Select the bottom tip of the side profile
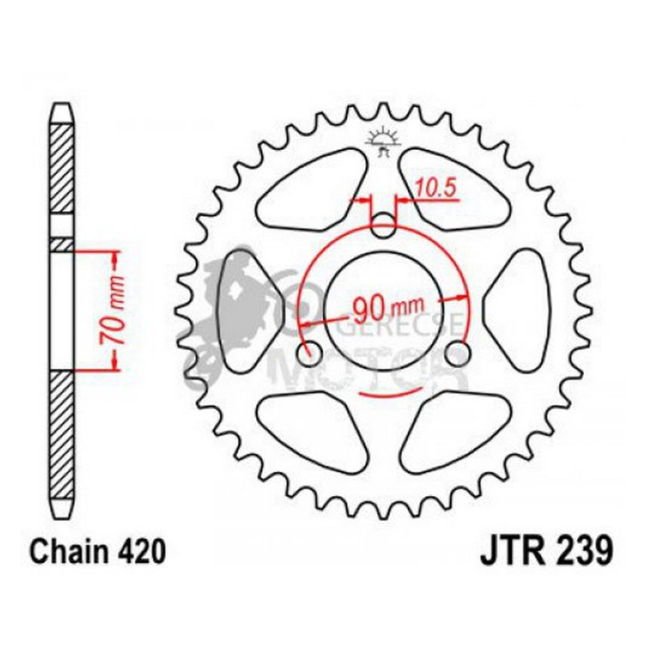click(x=61, y=511)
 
